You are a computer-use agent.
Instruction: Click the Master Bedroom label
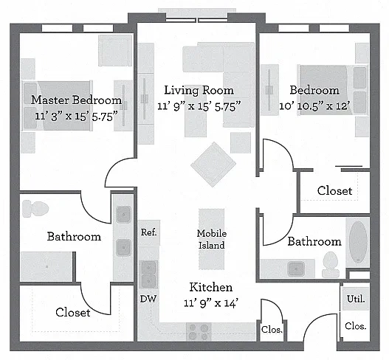[x=77, y=100]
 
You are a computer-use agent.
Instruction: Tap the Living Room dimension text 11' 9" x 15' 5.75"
[x=199, y=106]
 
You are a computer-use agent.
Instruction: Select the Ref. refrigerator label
[x=148, y=232]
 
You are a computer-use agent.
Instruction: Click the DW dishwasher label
[x=148, y=299]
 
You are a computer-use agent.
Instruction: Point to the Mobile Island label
[x=212, y=239]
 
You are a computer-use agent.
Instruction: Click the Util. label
[x=356, y=299]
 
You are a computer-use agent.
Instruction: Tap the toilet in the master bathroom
[x=35, y=209]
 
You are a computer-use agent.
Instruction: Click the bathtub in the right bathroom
[x=358, y=242]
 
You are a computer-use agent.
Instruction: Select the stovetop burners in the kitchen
[x=199, y=332]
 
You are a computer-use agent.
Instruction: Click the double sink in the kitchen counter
[x=148, y=274]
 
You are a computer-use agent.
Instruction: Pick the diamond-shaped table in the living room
[x=213, y=164]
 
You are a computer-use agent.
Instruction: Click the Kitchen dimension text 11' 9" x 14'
[x=211, y=303]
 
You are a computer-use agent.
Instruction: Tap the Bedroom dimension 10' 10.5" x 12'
[x=314, y=106]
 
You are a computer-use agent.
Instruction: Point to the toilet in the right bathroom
[x=331, y=264]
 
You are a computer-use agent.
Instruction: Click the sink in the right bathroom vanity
[x=296, y=269]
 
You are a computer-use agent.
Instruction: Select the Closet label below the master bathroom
[x=72, y=312]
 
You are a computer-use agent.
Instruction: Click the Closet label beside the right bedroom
[x=334, y=190]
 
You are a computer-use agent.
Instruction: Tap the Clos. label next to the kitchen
[x=272, y=330]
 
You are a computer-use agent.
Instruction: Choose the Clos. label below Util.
[x=356, y=326]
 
